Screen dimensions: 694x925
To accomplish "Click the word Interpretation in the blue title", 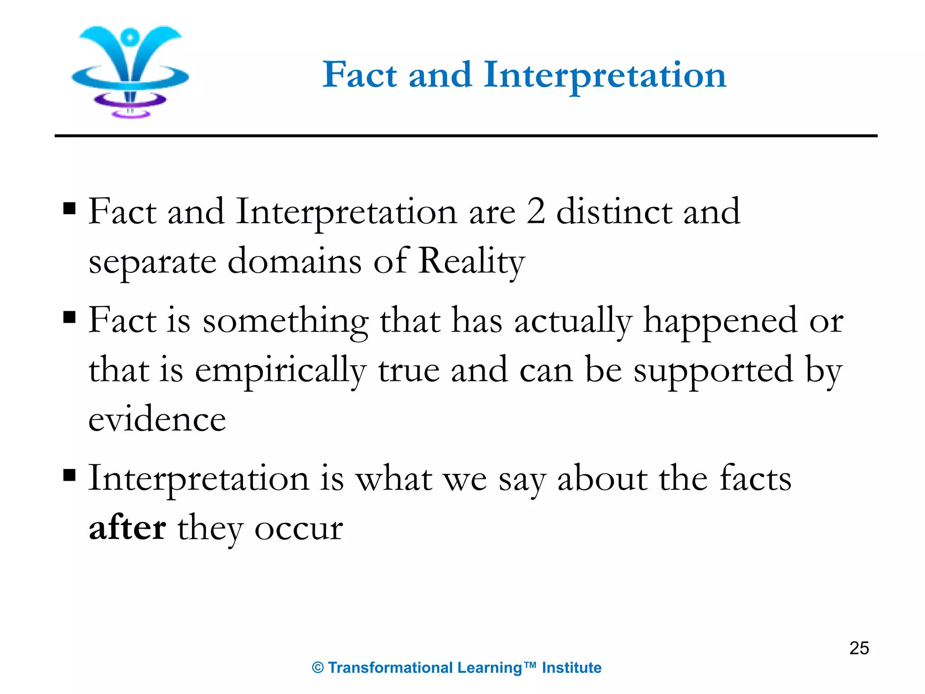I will tap(605, 75).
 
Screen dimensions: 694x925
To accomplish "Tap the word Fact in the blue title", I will tap(360, 75).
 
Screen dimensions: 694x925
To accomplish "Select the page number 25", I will tap(859, 648).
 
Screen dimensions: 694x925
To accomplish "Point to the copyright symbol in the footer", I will tap(318, 668).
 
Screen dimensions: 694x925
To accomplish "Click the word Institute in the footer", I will tap(571, 668).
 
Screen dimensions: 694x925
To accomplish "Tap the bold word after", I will tap(127, 528).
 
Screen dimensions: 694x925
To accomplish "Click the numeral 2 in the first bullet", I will tap(536, 211).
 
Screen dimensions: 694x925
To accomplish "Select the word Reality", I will tap(471, 262).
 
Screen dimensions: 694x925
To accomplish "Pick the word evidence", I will tap(157, 419).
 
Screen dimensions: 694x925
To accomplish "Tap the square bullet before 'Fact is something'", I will tap(70, 317).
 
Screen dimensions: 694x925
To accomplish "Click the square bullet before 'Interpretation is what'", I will tap(70, 475).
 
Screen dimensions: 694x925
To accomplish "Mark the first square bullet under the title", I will tap(70, 209).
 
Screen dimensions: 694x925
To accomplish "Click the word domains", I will tap(294, 261).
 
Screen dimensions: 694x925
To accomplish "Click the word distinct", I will tap(614, 211).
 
